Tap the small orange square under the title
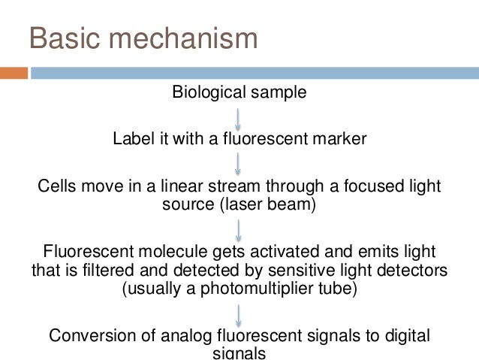tap(14, 74)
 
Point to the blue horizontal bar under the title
tap(255, 74)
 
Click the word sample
tap(282, 93)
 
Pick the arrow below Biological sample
tap(238, 118)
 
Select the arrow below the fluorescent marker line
tap(238, 162)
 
